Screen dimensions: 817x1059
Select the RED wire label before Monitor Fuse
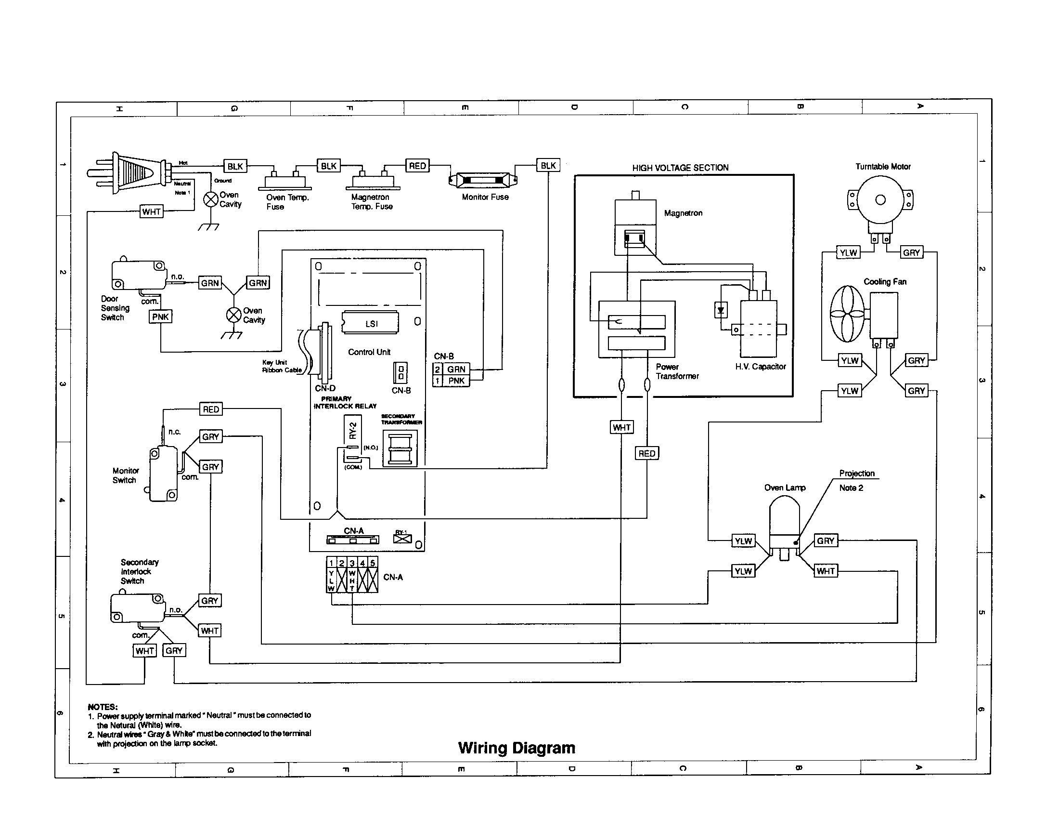click(x=417, y=166)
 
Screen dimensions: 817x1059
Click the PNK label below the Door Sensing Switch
click(x=160, y=317)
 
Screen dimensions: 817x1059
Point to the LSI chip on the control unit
click(x=371, y=323)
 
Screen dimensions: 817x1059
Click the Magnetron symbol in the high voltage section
click(x=635, y=227)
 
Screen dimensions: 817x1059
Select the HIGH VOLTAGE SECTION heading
click(x=680, y=168)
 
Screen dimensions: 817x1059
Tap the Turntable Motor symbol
click(x=880, y=200)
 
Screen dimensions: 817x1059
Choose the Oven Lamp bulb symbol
click(x=784, y=519)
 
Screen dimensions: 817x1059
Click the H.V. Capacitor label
click(x=760, y=367)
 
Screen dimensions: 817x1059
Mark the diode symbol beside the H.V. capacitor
click(x=721, y=310)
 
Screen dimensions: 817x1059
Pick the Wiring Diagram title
click(x=517, y=748)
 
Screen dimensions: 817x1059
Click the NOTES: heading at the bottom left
click(x=103, y=707)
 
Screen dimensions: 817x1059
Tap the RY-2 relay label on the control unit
click(x=353, y=430)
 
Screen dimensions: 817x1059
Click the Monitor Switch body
click(x=163, y=474)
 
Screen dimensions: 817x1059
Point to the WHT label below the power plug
click(x=151, y=212)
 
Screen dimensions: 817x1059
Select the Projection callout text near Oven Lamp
click(x=857, y=474)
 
